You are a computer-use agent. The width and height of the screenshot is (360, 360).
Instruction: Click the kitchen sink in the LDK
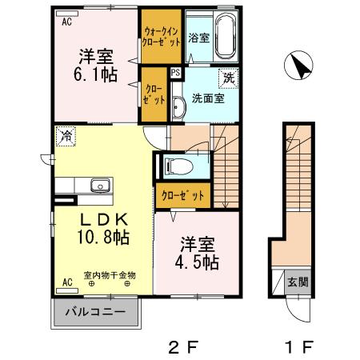[100, 186]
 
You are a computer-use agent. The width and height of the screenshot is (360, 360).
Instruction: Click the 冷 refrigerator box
[65, 138]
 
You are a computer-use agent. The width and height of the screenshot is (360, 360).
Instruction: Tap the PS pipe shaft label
[175, 71]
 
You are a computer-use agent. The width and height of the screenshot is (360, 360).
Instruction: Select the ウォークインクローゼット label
[162, 36]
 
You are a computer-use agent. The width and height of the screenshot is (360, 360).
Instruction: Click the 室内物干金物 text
[110, 274]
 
